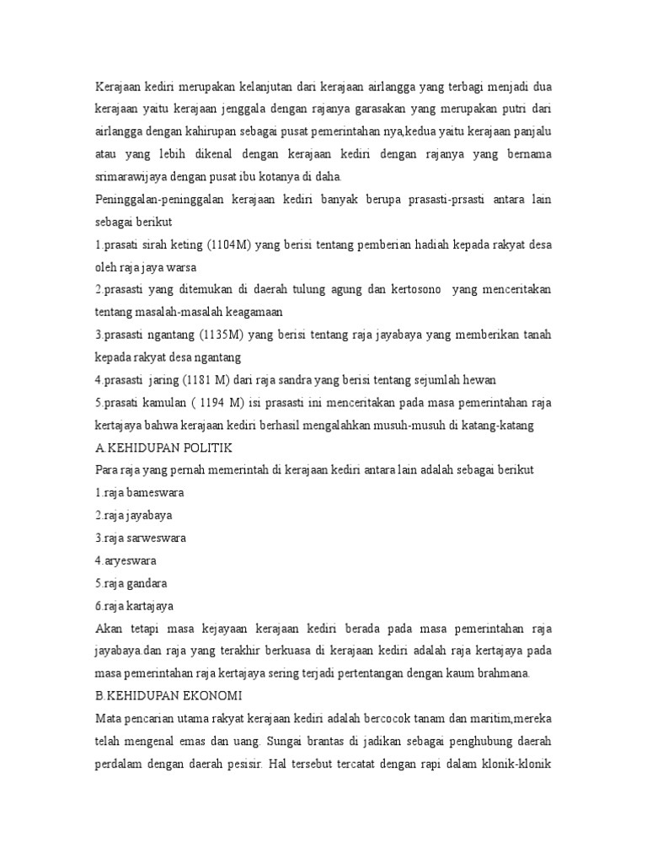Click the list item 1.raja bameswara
(139, 490)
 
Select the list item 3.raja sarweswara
(141, 537)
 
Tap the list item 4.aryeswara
(126, 560)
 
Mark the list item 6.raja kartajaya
(136, 604)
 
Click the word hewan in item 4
(486, 378)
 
